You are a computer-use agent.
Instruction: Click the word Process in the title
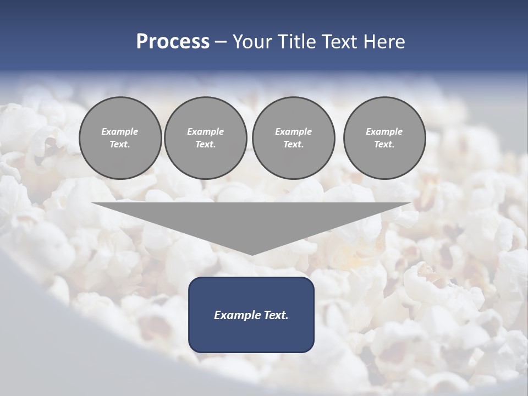click(173, 42)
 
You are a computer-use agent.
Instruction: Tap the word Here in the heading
click(385, 42)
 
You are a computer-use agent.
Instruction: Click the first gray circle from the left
click(120, 138)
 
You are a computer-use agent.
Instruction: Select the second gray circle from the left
click(205, 138)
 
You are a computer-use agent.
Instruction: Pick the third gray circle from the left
click(293, 138)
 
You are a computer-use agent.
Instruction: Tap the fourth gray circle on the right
click(384, 138)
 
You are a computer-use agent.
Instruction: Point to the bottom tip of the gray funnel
click(251, 254)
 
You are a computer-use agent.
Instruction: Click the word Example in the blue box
click(238, 315)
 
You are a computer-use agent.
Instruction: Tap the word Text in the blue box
click(276, 315)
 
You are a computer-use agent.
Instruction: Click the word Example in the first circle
click(120, 131)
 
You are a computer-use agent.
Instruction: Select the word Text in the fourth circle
click(384, 145)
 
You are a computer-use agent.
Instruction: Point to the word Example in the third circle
click(293, 131)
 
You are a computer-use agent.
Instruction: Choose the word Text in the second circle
click(205, 145)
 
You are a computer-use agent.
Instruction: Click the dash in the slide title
click(221, 42)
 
